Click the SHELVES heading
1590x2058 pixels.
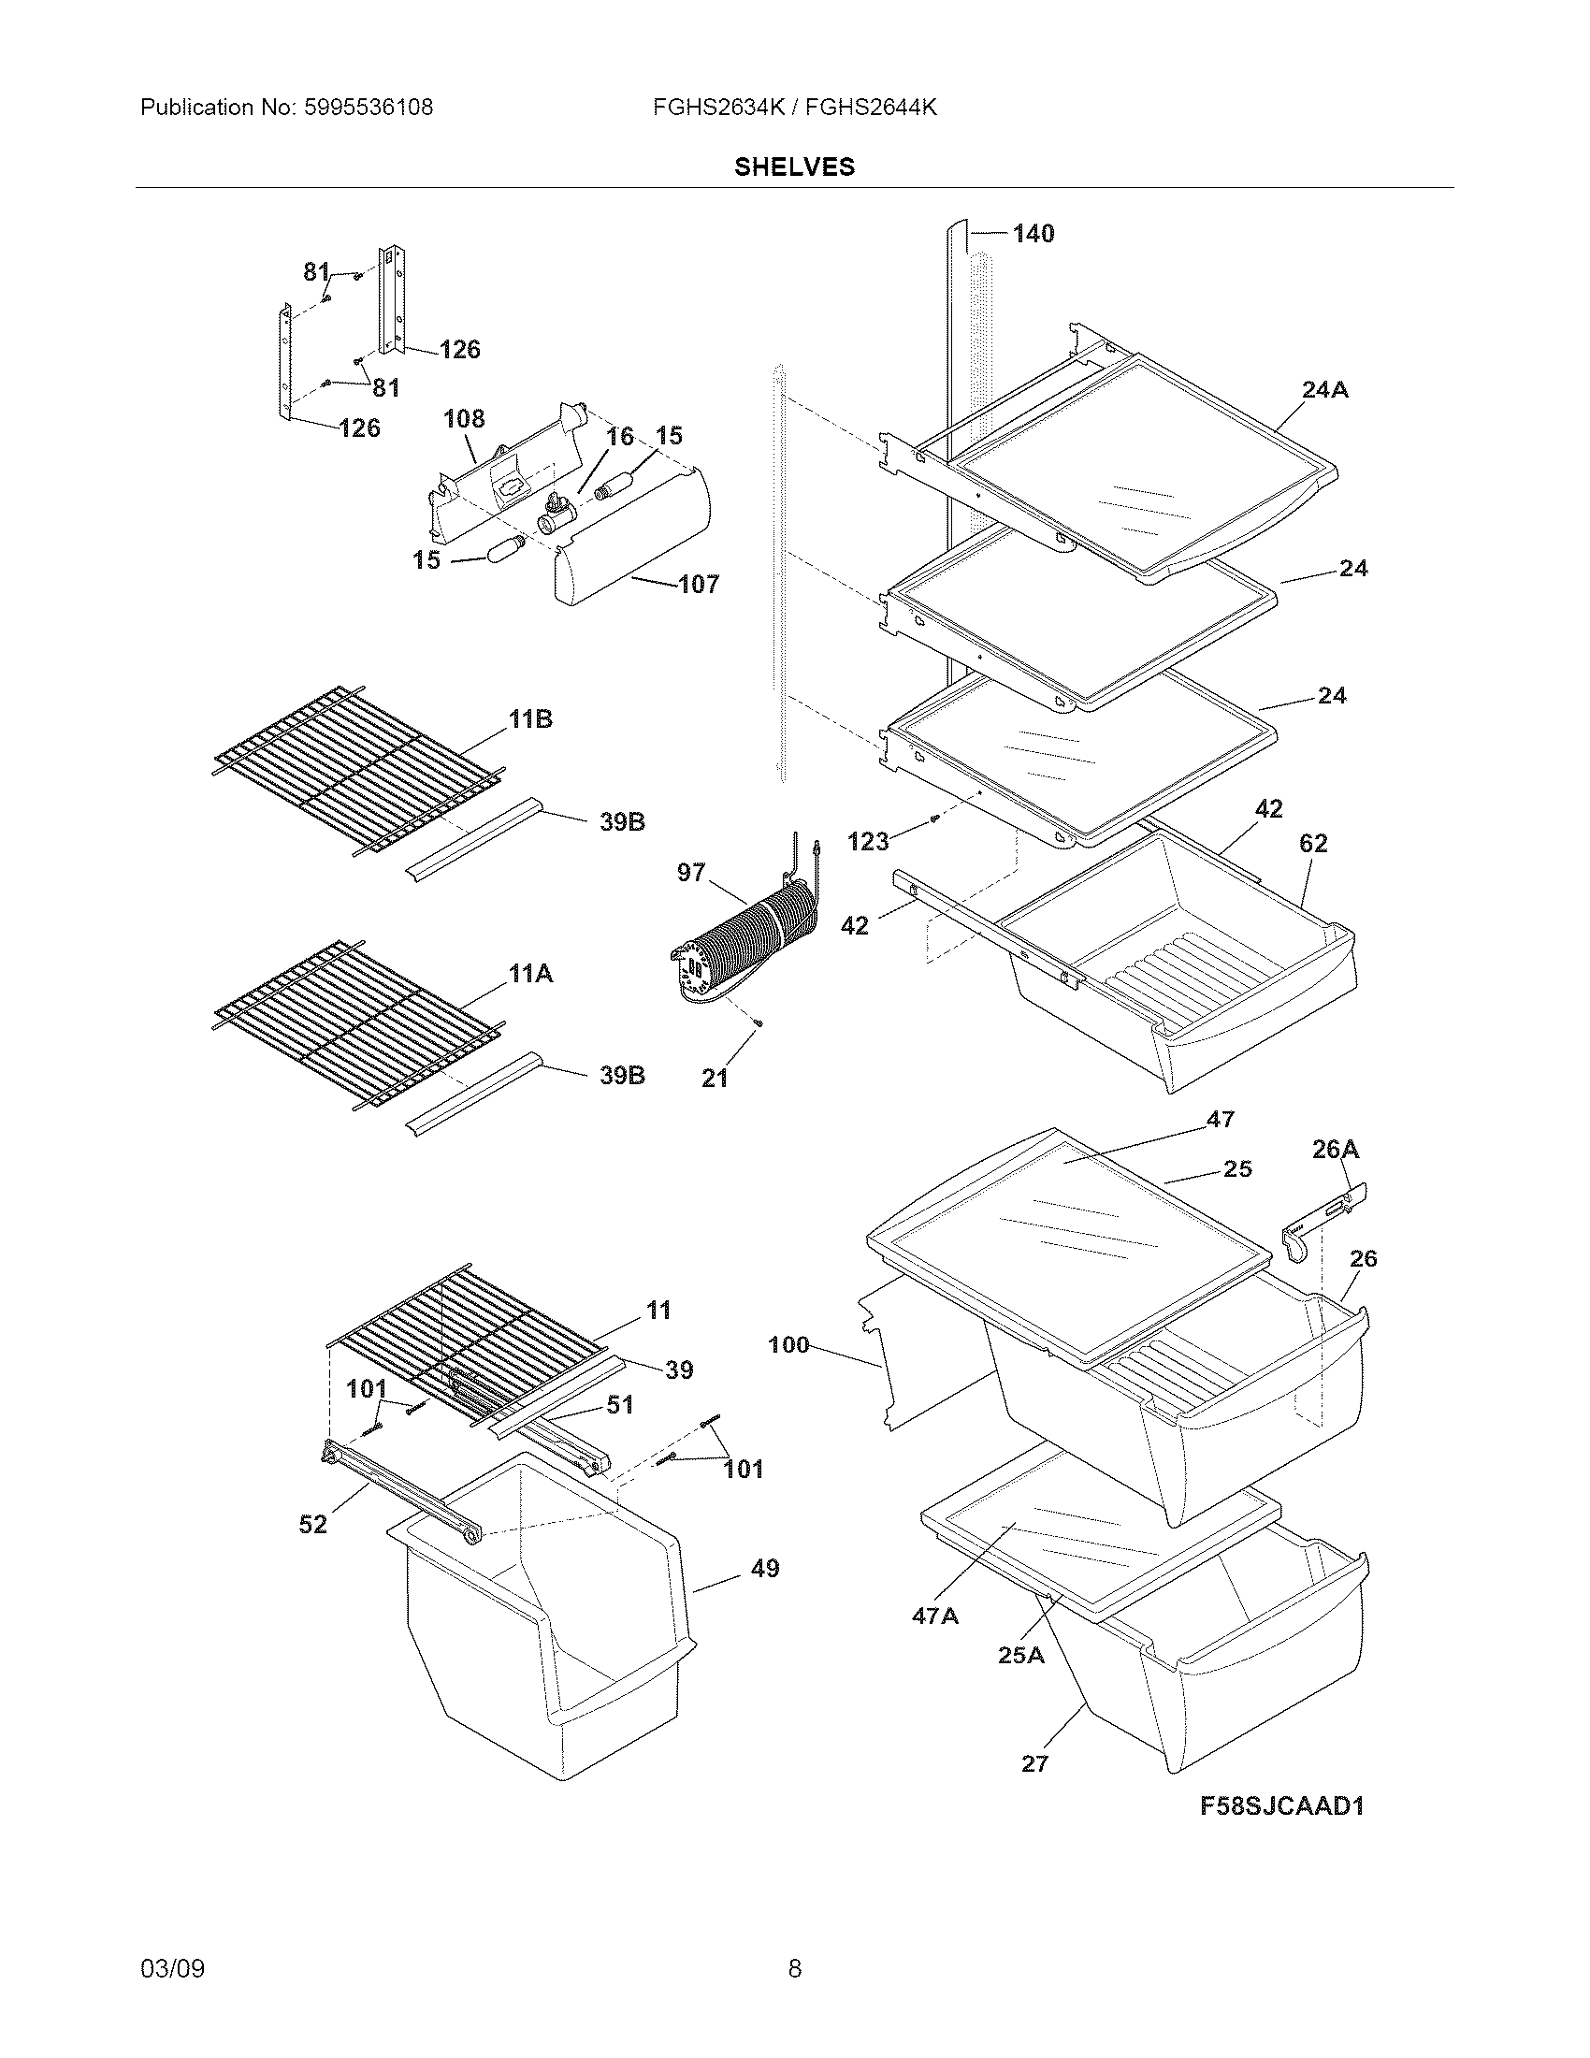(x=794, y=167)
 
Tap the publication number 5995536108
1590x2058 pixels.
(x=369, y=108)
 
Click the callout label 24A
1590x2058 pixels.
(x=1324, y=389)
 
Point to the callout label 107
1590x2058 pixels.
(x=698, y=585)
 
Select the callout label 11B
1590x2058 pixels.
(x=530, y=720)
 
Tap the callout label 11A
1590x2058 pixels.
(x=530, y=974)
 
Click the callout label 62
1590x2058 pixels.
(x=1313, y=844)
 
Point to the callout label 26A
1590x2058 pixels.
(x=1336, y=1149)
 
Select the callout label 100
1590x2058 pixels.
(x=788, y=1344)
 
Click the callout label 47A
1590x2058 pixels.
(x=934, y=1616)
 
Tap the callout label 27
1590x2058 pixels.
(x=1034, y=1763)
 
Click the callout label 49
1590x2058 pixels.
(x=764, y=1568)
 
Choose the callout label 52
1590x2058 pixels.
(x=312, y=1524)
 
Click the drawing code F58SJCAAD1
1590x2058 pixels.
(x=1282, y=1805)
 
